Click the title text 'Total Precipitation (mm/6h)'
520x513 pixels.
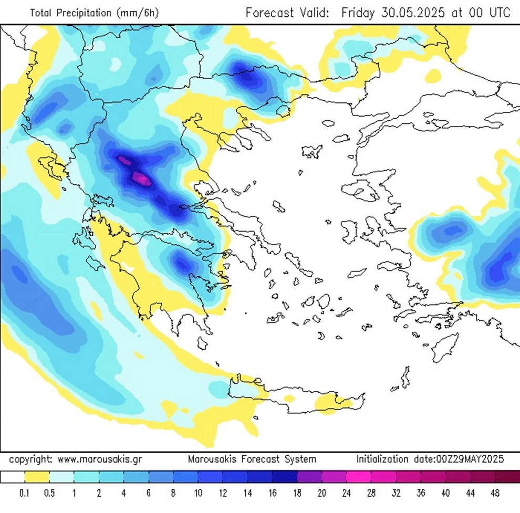94,13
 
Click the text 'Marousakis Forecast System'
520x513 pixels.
252,459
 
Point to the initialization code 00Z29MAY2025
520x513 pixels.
470,459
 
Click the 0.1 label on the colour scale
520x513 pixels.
24,493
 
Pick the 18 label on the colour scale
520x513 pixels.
297,493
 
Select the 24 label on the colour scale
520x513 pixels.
347,493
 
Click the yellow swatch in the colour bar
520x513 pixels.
37,477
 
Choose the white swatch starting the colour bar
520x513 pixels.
13,477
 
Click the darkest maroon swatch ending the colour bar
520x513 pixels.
507,477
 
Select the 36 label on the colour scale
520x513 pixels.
421,493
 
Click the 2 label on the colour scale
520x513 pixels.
99,493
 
